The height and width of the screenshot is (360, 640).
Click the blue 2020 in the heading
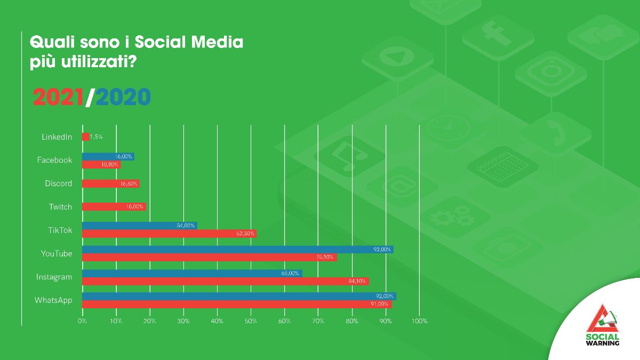123,97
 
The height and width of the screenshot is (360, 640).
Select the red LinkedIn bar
85,137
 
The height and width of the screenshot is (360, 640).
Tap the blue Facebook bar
108,156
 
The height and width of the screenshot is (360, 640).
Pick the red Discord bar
110,183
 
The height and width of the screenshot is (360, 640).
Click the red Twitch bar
114,207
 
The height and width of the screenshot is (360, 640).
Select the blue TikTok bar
139,226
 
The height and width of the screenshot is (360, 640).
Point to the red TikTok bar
169,234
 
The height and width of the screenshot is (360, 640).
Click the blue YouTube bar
237,249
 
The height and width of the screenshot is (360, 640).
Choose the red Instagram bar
225,281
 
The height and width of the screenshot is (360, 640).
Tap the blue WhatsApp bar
239,296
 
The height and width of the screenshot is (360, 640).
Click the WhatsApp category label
53,300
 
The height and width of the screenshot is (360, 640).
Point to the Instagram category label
54,277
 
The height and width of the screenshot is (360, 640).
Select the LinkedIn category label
57,137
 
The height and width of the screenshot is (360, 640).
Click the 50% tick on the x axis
251,321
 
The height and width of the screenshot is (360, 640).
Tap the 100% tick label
419,321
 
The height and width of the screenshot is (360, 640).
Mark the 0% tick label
82,321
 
